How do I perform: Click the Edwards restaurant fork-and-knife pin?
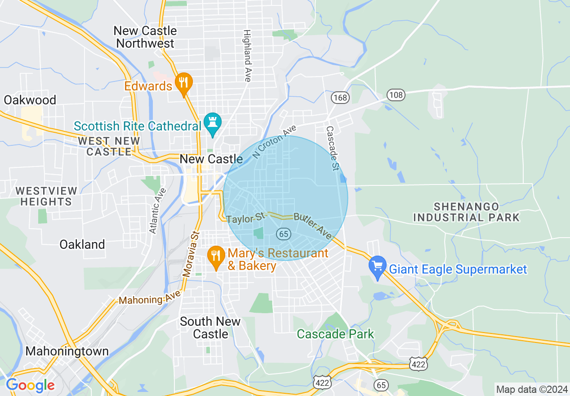[x=183, y=83]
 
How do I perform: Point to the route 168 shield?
[x=340, y=97]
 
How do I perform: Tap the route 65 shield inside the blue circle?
[x=284, y=234]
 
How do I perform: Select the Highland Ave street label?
[x=247, y=56]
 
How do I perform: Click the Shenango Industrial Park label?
[x=466, y=212]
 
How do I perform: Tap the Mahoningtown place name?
[x=67, y=351]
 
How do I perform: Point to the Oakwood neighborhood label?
[x=30, y=100]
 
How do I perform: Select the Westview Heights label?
[x=46, y=196]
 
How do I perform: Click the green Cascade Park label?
[x=335, y=334]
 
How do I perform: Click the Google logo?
[x=30, y=385]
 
